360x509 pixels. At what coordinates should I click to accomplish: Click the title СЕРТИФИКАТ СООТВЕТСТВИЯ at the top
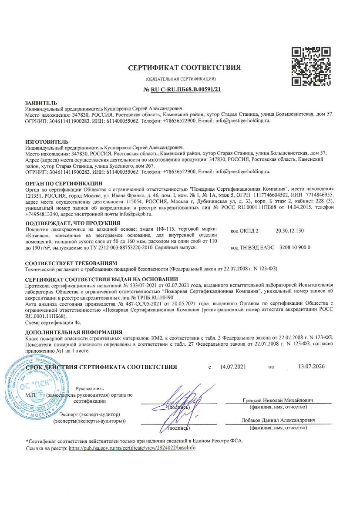click(x=184, y=68)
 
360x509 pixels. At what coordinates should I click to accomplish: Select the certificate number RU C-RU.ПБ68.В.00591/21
click(x=184, y=90)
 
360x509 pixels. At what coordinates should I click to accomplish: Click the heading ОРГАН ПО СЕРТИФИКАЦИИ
click(x=64, y=183)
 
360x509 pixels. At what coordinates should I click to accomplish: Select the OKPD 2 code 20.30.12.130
click(x=290, y=230)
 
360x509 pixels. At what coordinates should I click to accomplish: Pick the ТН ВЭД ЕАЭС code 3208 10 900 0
click(x=295, y=247)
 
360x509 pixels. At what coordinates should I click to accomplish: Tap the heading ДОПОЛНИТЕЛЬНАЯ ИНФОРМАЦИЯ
click(x=74, y=332)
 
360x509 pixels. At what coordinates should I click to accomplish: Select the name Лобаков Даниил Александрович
click(x=279, y=420)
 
